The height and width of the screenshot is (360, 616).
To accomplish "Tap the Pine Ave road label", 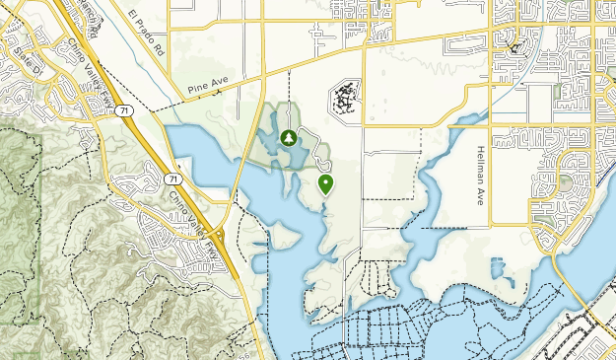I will coord(205,89).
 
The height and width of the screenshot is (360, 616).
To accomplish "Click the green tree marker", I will coord(288,139).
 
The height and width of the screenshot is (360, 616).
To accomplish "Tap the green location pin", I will coord(325,182).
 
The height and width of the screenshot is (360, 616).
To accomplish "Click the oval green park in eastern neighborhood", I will coord(566,182).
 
